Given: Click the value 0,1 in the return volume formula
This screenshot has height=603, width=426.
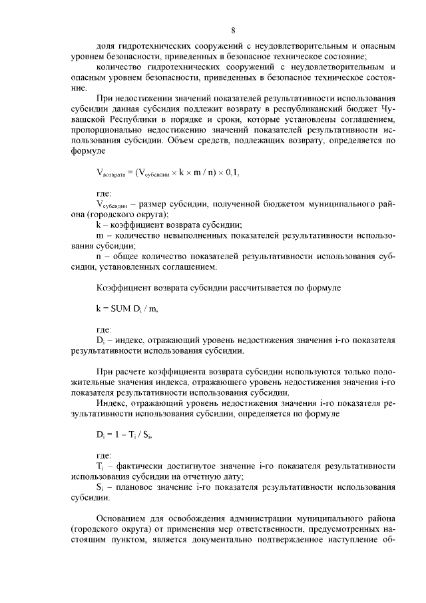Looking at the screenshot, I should [x=231, y=173].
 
